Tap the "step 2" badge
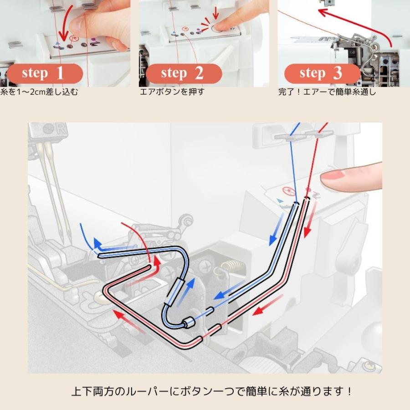tap(184, 73)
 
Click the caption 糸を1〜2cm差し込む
tap(40, 92)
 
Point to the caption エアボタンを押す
tap(172, 92)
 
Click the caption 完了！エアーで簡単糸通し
tap(327, 92)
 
